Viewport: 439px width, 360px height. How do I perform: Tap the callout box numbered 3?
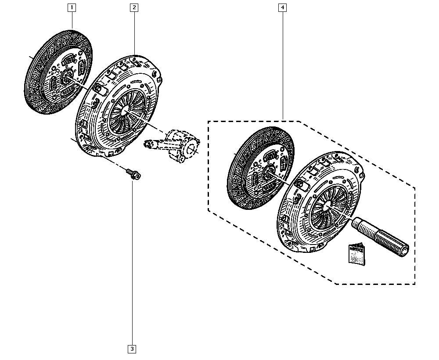[132, 349]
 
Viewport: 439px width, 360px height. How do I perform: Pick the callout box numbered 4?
[283, 7]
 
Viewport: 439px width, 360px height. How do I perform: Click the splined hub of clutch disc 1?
[68, 77]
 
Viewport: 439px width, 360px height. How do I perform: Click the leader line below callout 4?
[283, 66]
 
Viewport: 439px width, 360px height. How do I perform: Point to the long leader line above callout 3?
[132, 263]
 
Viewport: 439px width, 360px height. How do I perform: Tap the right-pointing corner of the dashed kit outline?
[415, 187]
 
